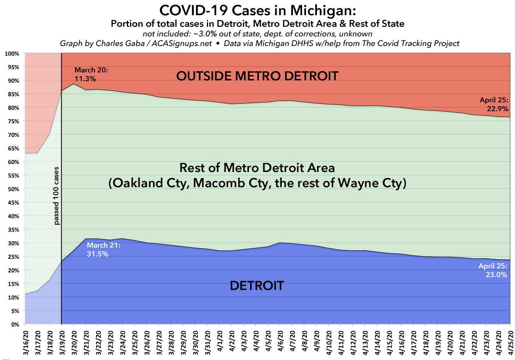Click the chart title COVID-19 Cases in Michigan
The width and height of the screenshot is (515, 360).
tap(257, 10)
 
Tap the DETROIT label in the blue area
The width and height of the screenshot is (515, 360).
tap(257, 286)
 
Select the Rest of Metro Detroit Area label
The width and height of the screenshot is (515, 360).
tap(257, 167)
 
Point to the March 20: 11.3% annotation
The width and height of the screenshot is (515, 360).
tap(91, 74)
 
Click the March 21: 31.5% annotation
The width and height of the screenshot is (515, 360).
tap(104, 250)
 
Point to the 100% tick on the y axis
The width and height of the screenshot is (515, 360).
tap(13, 54)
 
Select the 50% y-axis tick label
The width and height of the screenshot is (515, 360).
tap(14, 189)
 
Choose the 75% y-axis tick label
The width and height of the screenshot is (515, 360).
tap(14, 121)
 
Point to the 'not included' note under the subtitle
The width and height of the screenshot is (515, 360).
tap(257, 34)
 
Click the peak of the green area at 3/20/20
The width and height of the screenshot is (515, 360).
tap(74, 84)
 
